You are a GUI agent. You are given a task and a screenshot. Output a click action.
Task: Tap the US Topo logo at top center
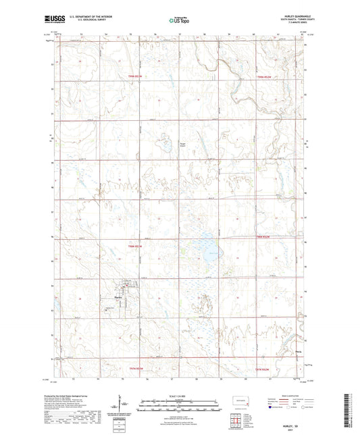pos(178,20)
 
